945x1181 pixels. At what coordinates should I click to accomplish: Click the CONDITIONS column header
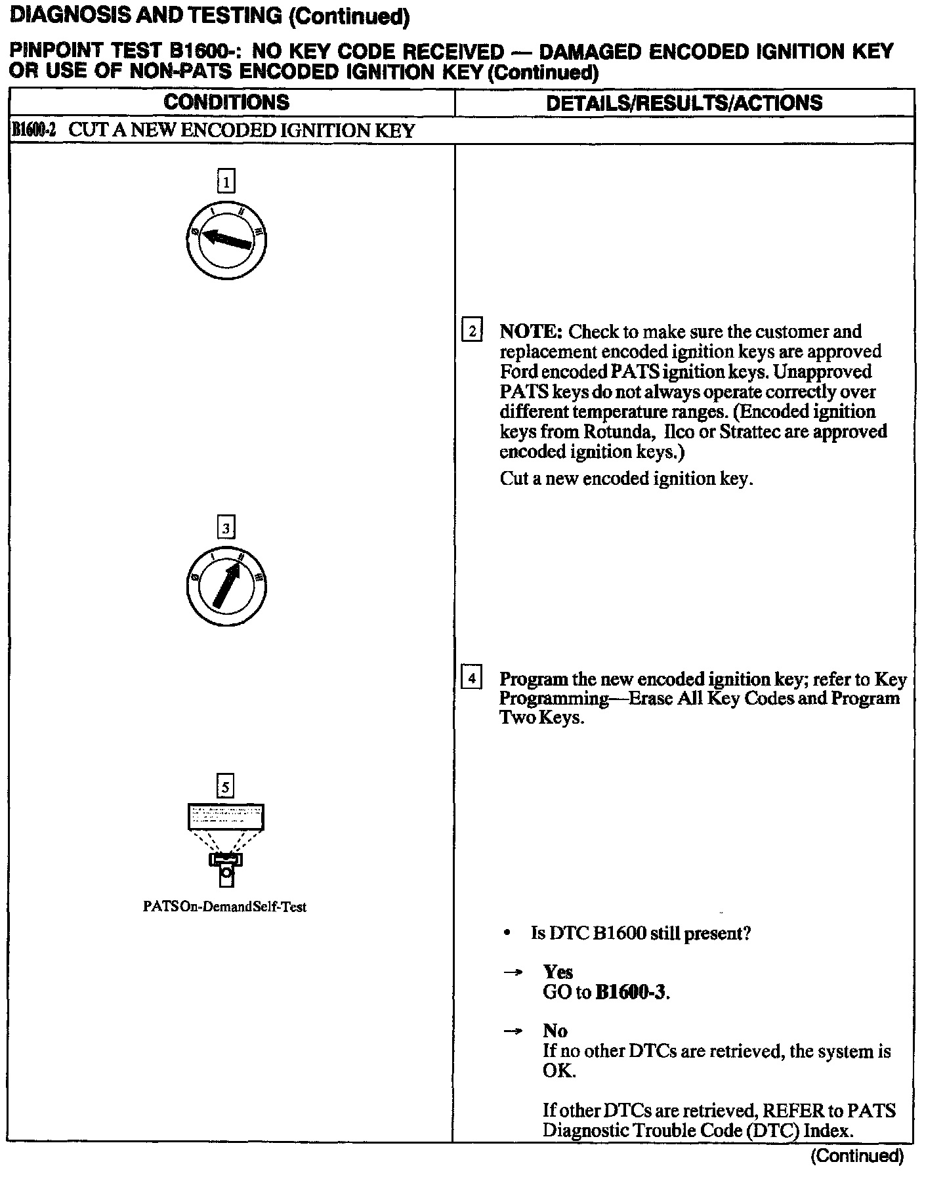coord(226,102)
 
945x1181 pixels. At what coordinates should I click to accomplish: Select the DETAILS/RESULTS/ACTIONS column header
coord(684,103)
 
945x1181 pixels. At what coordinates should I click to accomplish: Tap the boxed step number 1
coord(226,181)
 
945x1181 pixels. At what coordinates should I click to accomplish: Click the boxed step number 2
coord(472,330)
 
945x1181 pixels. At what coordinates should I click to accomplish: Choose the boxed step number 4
coord(472,677)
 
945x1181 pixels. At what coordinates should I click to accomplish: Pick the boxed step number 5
coord(226,786)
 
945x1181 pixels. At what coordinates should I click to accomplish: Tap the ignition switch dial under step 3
coord(226,585)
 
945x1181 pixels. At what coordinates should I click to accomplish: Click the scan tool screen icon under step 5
coord(226,818)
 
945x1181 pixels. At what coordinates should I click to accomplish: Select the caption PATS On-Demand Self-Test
coord(224,907)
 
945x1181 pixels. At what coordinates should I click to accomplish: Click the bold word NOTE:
coord(531,331)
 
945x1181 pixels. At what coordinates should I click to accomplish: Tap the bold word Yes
coord(558,972)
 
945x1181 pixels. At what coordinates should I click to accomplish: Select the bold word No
coord(555,1031)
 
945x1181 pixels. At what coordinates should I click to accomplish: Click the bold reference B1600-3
coord(631,992)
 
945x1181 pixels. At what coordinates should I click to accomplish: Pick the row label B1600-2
coord(33,130)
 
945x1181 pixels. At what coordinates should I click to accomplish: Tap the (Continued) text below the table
coord(856,1155)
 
